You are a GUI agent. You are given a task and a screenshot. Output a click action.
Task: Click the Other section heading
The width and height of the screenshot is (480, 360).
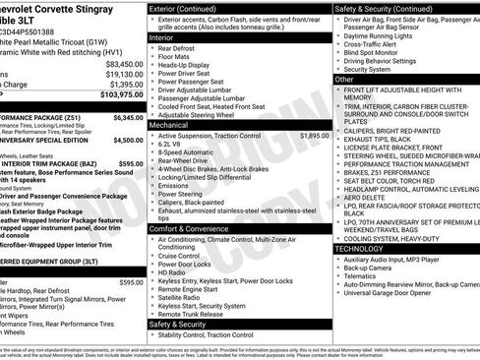tap(344, 79)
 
